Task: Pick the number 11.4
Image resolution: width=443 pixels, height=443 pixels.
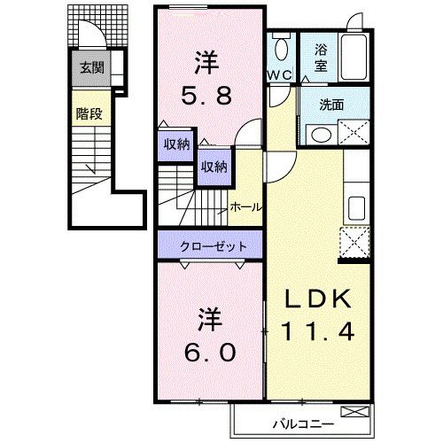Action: [319, 331]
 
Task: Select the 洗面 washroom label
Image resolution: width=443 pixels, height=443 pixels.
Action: [333, 103]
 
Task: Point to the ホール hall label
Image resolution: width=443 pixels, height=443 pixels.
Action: [245, 206]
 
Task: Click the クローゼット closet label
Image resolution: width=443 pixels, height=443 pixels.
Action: [208, 245]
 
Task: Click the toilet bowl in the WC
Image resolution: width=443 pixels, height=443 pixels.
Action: [281, 50]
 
